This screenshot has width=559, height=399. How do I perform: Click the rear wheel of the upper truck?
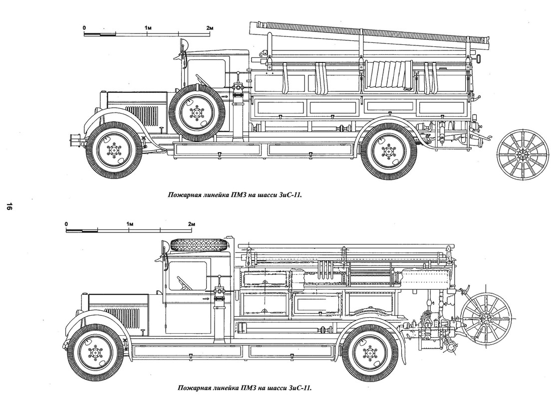coord(388,151)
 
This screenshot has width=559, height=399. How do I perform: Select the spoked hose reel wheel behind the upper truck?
coord(523,154)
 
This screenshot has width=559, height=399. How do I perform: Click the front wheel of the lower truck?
coord(95,353)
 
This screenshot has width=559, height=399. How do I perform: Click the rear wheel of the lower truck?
coord(370,353)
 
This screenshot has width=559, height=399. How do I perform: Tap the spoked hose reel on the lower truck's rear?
coord(486,319)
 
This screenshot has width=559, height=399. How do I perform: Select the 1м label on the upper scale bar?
coord(148,28)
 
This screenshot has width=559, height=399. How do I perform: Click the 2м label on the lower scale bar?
coord(192,224)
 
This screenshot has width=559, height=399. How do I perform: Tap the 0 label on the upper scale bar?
coord(84,28)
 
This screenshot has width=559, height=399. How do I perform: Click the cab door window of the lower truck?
coord(188,277)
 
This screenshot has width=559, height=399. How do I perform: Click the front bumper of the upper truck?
coord(75,142)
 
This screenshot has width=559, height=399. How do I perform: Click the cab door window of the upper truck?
coord(207,74)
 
